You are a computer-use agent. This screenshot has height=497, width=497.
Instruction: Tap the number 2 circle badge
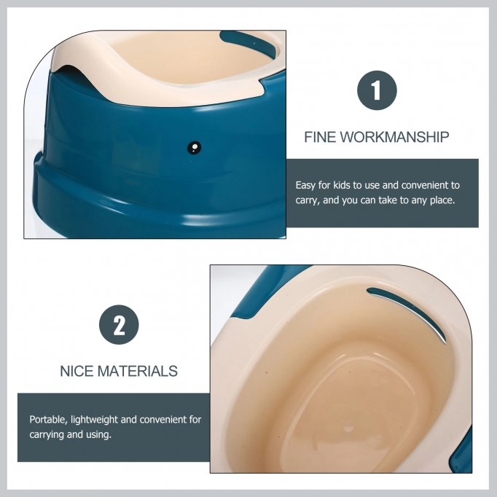(119, 325)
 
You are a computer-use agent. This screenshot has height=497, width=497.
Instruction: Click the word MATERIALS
(138, 371)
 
